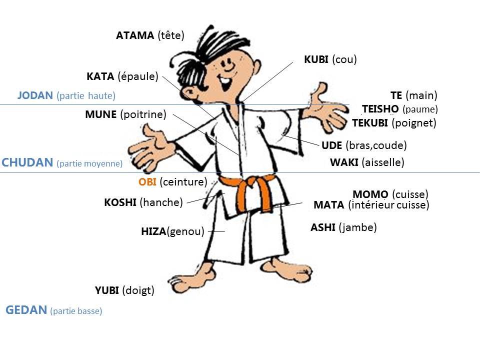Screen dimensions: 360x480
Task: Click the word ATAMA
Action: click(134, 35)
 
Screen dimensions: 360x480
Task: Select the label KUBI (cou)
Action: click(330, 60)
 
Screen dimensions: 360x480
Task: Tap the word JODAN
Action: click(35, 95)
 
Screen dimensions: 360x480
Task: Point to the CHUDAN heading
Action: click(27, 162)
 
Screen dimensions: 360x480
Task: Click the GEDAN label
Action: click(26, 310)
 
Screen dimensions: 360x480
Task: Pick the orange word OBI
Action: click(147, 182)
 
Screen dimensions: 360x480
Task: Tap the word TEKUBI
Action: click(370, 123)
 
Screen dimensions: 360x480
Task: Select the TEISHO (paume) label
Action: click(399, 109)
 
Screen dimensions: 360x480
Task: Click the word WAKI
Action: click(344, 162)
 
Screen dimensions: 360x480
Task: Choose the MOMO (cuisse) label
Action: click(390, 194)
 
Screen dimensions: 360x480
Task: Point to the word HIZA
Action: click(153, 232)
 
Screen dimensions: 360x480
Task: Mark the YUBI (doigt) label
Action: click(124, 290)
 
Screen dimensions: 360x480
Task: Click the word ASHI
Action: click(322, 227)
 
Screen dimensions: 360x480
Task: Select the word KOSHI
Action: click(120, 202)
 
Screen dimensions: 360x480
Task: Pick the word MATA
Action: click(328, 205)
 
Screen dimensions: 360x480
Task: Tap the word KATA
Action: click(100, 76)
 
